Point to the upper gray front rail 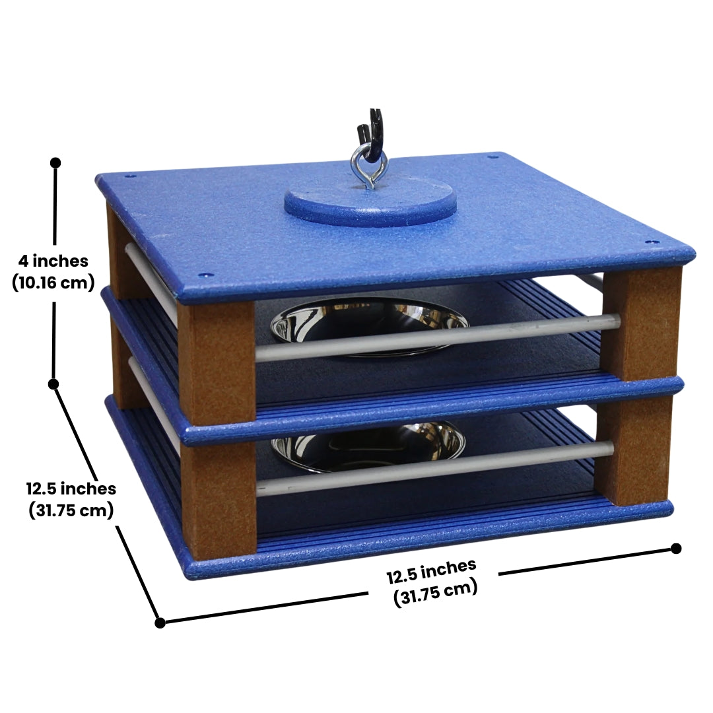tap(438, 337)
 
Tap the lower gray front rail tap(434, 468)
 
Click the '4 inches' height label tap(53, 261)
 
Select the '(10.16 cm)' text tap(53, 283)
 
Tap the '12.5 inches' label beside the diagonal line tap(71, 489)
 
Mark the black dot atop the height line tap(56, 163)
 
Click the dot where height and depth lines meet tap(53, 384)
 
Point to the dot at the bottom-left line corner tap(160, 623)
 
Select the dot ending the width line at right tap(676, 549)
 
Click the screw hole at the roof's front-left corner tap(205, 275)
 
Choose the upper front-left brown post tap(217, 364)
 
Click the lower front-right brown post tap(636, 450)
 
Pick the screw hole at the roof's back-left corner tap(130, 176)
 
